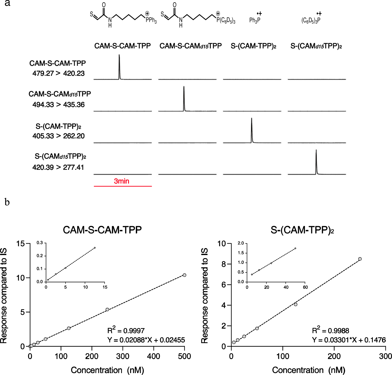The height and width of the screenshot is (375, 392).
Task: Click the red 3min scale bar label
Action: [121, 181]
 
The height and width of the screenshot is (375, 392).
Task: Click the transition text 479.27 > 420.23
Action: [58, 73]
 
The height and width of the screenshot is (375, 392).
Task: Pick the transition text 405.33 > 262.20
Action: [58, 136]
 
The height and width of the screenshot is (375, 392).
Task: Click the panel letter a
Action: [7, 3]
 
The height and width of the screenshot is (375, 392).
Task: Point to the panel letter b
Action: [7, 202]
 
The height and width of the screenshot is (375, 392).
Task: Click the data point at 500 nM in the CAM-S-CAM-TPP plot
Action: [185, 275]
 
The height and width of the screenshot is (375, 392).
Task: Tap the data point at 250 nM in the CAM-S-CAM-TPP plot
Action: [107, 309]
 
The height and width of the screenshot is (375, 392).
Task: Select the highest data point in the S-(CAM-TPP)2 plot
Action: [360, 259]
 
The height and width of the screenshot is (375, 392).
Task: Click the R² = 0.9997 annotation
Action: [126, 330]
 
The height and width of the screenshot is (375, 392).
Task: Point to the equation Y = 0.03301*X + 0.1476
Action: [349, 340]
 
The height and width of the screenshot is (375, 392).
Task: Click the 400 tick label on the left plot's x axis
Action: [154, 356]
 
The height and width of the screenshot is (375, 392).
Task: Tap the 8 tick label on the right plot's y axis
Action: [224, 264]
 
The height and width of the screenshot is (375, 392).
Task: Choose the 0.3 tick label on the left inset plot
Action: [40, 243]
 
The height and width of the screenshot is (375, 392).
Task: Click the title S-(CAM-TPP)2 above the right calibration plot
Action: [302, 230]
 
